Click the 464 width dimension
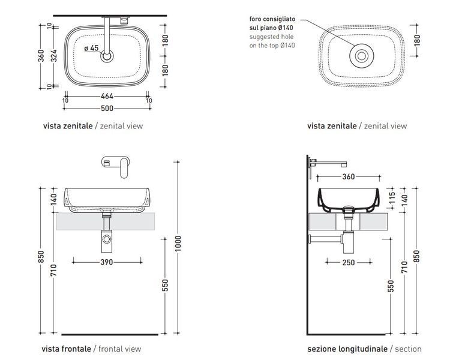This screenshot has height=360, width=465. (107, 96)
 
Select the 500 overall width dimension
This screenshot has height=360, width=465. (107, 109)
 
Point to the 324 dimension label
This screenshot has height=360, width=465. (53, 56)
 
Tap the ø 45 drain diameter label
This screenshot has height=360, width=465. (91, 48)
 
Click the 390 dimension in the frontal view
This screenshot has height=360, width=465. (107, 262)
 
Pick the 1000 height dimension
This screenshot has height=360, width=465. (178, 244)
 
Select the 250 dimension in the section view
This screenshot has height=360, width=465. (349, 262)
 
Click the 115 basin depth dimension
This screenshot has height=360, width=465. (392, 199)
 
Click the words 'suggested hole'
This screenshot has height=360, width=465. (271, 37)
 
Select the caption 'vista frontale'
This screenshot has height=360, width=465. (66, 349)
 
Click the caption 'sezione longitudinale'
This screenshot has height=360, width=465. (347, 349)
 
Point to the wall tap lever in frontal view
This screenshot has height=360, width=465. (124, 168)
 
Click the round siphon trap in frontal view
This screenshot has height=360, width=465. (106, 239)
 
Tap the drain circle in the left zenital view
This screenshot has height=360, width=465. (107, 56)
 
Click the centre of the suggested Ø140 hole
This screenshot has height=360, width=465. (362, 56)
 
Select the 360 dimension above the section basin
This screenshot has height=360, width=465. (349, 177)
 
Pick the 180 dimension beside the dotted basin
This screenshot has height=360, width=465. (417, 41)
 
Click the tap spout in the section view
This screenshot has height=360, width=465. (331, 163)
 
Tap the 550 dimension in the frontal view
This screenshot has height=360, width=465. (165, 285)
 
